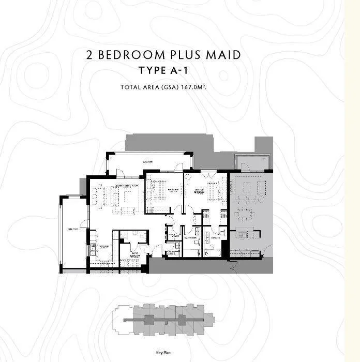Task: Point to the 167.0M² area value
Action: click(x=193, y=87)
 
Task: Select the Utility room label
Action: click(x=175, y=237)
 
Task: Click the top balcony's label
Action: click(x=144, y=162)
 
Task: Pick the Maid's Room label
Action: click(x=135, y=255)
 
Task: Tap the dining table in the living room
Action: click(x=100, y=195)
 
